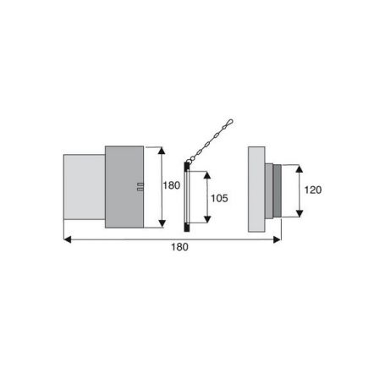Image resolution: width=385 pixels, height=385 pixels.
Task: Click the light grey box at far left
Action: coord(85,187)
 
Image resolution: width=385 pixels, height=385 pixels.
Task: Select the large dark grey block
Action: coord(124,187)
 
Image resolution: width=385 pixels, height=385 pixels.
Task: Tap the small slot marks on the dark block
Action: coord(140,187)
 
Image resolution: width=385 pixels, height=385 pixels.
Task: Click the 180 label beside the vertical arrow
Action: coord(172,185)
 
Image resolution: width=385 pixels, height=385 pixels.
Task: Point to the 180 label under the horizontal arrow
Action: coord(179,247)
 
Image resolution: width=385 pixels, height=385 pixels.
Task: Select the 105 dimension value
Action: coord(219,198)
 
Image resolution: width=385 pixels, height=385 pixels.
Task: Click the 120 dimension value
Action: coord(313,190)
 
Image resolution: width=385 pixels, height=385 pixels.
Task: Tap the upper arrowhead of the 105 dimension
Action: coord(207,175)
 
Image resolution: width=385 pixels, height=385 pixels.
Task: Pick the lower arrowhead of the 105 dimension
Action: coord(207,219)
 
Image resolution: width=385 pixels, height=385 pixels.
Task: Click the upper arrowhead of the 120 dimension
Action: coord(300,168)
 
